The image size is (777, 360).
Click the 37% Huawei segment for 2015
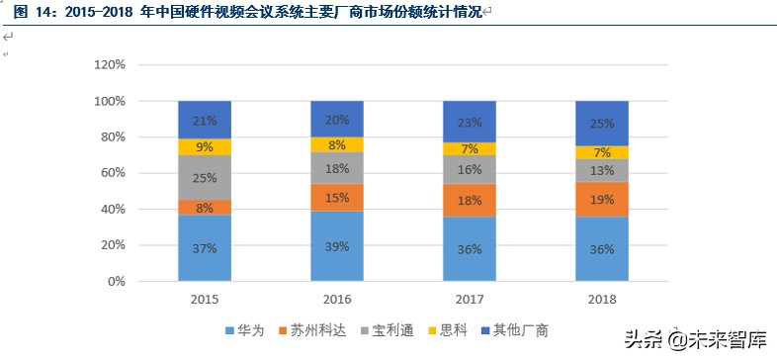point(205,248)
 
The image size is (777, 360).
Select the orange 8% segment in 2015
point(205,208)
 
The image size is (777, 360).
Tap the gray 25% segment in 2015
point(205,178)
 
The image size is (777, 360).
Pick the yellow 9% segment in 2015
point(205,147)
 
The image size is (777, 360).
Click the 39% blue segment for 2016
point(337,246)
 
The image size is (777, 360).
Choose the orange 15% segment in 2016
point(337,198)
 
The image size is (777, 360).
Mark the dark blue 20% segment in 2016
point(337,119)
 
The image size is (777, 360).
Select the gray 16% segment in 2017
point(470,169)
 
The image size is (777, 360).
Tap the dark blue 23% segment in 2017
point(470,122)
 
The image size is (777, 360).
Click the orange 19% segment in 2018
point(602,199)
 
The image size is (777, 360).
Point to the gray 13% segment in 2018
point(602,170)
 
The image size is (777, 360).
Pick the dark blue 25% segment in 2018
point(602,124)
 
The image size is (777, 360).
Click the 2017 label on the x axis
point(470,299)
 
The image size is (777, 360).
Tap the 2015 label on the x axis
point(205,299)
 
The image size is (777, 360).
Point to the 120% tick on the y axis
point(109,65)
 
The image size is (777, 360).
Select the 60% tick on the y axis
point(112,173)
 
